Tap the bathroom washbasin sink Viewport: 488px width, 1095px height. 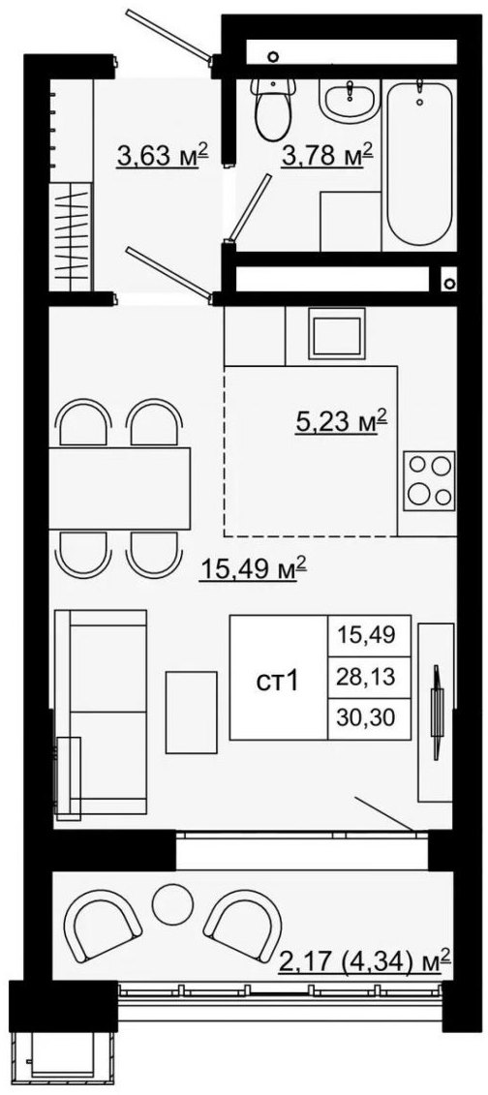tap(350, 99)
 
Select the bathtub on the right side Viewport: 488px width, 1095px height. tap(419, 162)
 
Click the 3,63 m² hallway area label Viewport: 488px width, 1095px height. tap(164, 156)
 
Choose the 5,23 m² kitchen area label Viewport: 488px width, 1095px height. tap(340, 422)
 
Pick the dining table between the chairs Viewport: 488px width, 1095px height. tap(119, 488)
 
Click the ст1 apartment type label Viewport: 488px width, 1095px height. tap(278, 681)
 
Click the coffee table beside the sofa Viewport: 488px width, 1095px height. tap(192, 713)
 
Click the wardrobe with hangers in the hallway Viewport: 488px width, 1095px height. tap(71, 236)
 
